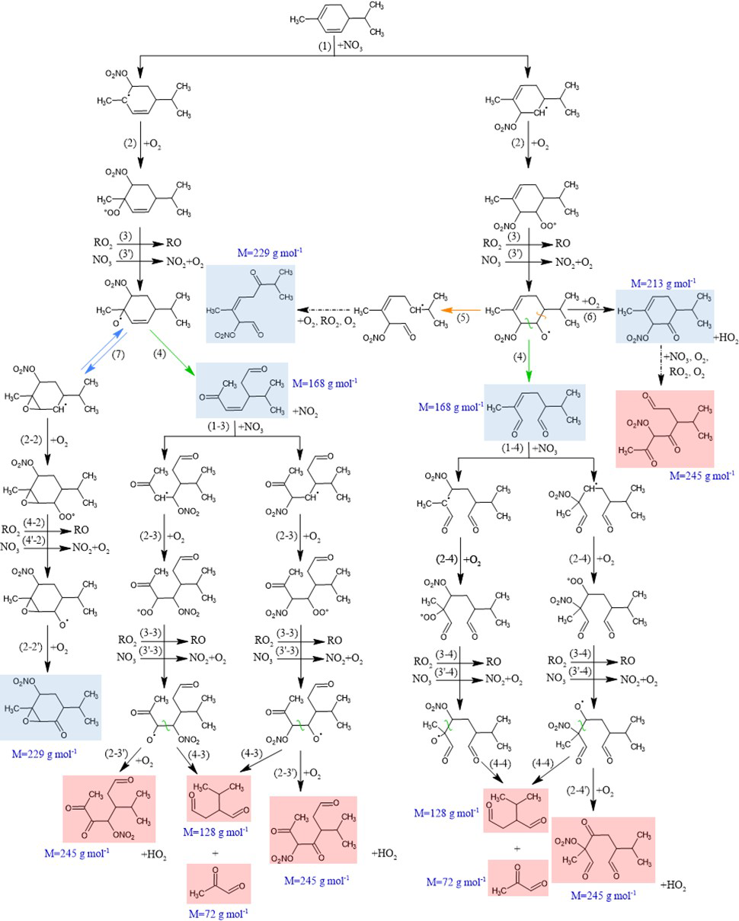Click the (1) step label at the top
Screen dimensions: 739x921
point(324,46)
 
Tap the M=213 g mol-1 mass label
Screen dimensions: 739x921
point(664,283)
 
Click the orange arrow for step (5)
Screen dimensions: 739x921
point(462,309)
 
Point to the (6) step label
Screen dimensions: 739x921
point(590,318)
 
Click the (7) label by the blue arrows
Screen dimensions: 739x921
point(118,354)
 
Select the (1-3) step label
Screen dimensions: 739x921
point(218,427)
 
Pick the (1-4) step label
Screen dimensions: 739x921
point(513,448)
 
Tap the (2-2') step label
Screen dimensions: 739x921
point(32,647)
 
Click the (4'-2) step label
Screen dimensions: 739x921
point(34,539)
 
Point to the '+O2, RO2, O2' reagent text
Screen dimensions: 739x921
point(327,322)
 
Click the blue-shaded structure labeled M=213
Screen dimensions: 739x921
point(664,316)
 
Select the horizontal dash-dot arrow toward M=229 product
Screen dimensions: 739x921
point(325,310)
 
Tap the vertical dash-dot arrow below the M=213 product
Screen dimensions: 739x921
point(661,365)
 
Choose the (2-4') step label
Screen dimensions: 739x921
point(579,791)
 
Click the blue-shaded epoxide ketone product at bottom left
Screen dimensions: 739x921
point(50,708)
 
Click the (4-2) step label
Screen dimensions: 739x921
point(34,523)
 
